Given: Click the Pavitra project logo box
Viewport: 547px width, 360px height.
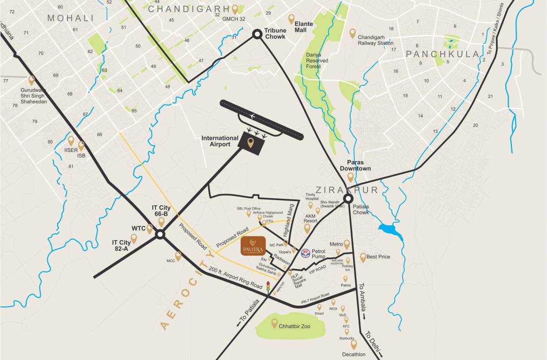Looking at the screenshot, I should point(253,246).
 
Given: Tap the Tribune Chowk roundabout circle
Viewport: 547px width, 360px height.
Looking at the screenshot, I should point(257,34).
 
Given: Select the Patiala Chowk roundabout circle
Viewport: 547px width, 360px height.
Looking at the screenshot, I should point(348,198).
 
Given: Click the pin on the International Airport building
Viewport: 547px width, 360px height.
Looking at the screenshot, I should point(251,142).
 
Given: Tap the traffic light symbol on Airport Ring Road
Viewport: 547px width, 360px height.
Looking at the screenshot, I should point(268,286).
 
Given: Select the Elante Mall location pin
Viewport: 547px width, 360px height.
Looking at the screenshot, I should point(291,19).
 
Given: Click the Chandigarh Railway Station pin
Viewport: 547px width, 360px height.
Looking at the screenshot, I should point(352,33).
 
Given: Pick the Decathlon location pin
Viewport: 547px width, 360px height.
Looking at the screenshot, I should point(354,345).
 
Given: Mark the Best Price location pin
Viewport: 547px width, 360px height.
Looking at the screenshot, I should point(363,257).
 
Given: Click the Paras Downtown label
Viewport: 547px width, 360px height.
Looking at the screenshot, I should point(355,165).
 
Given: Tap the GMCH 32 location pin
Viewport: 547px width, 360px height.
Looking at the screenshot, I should point(235,9).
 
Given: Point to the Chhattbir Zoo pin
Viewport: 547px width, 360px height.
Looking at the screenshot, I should point(275,322).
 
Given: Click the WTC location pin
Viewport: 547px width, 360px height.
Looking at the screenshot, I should point(150,229).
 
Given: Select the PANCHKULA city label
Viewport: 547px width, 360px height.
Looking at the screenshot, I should point(442,54).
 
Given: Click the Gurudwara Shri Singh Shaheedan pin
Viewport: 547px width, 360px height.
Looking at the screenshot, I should point(31,80).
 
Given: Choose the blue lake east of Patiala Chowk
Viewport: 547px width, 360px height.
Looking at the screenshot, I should point(391,231).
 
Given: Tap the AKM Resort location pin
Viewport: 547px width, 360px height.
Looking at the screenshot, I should point(307,228).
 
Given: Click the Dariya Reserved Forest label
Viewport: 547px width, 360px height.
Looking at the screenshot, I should point(317,60).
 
